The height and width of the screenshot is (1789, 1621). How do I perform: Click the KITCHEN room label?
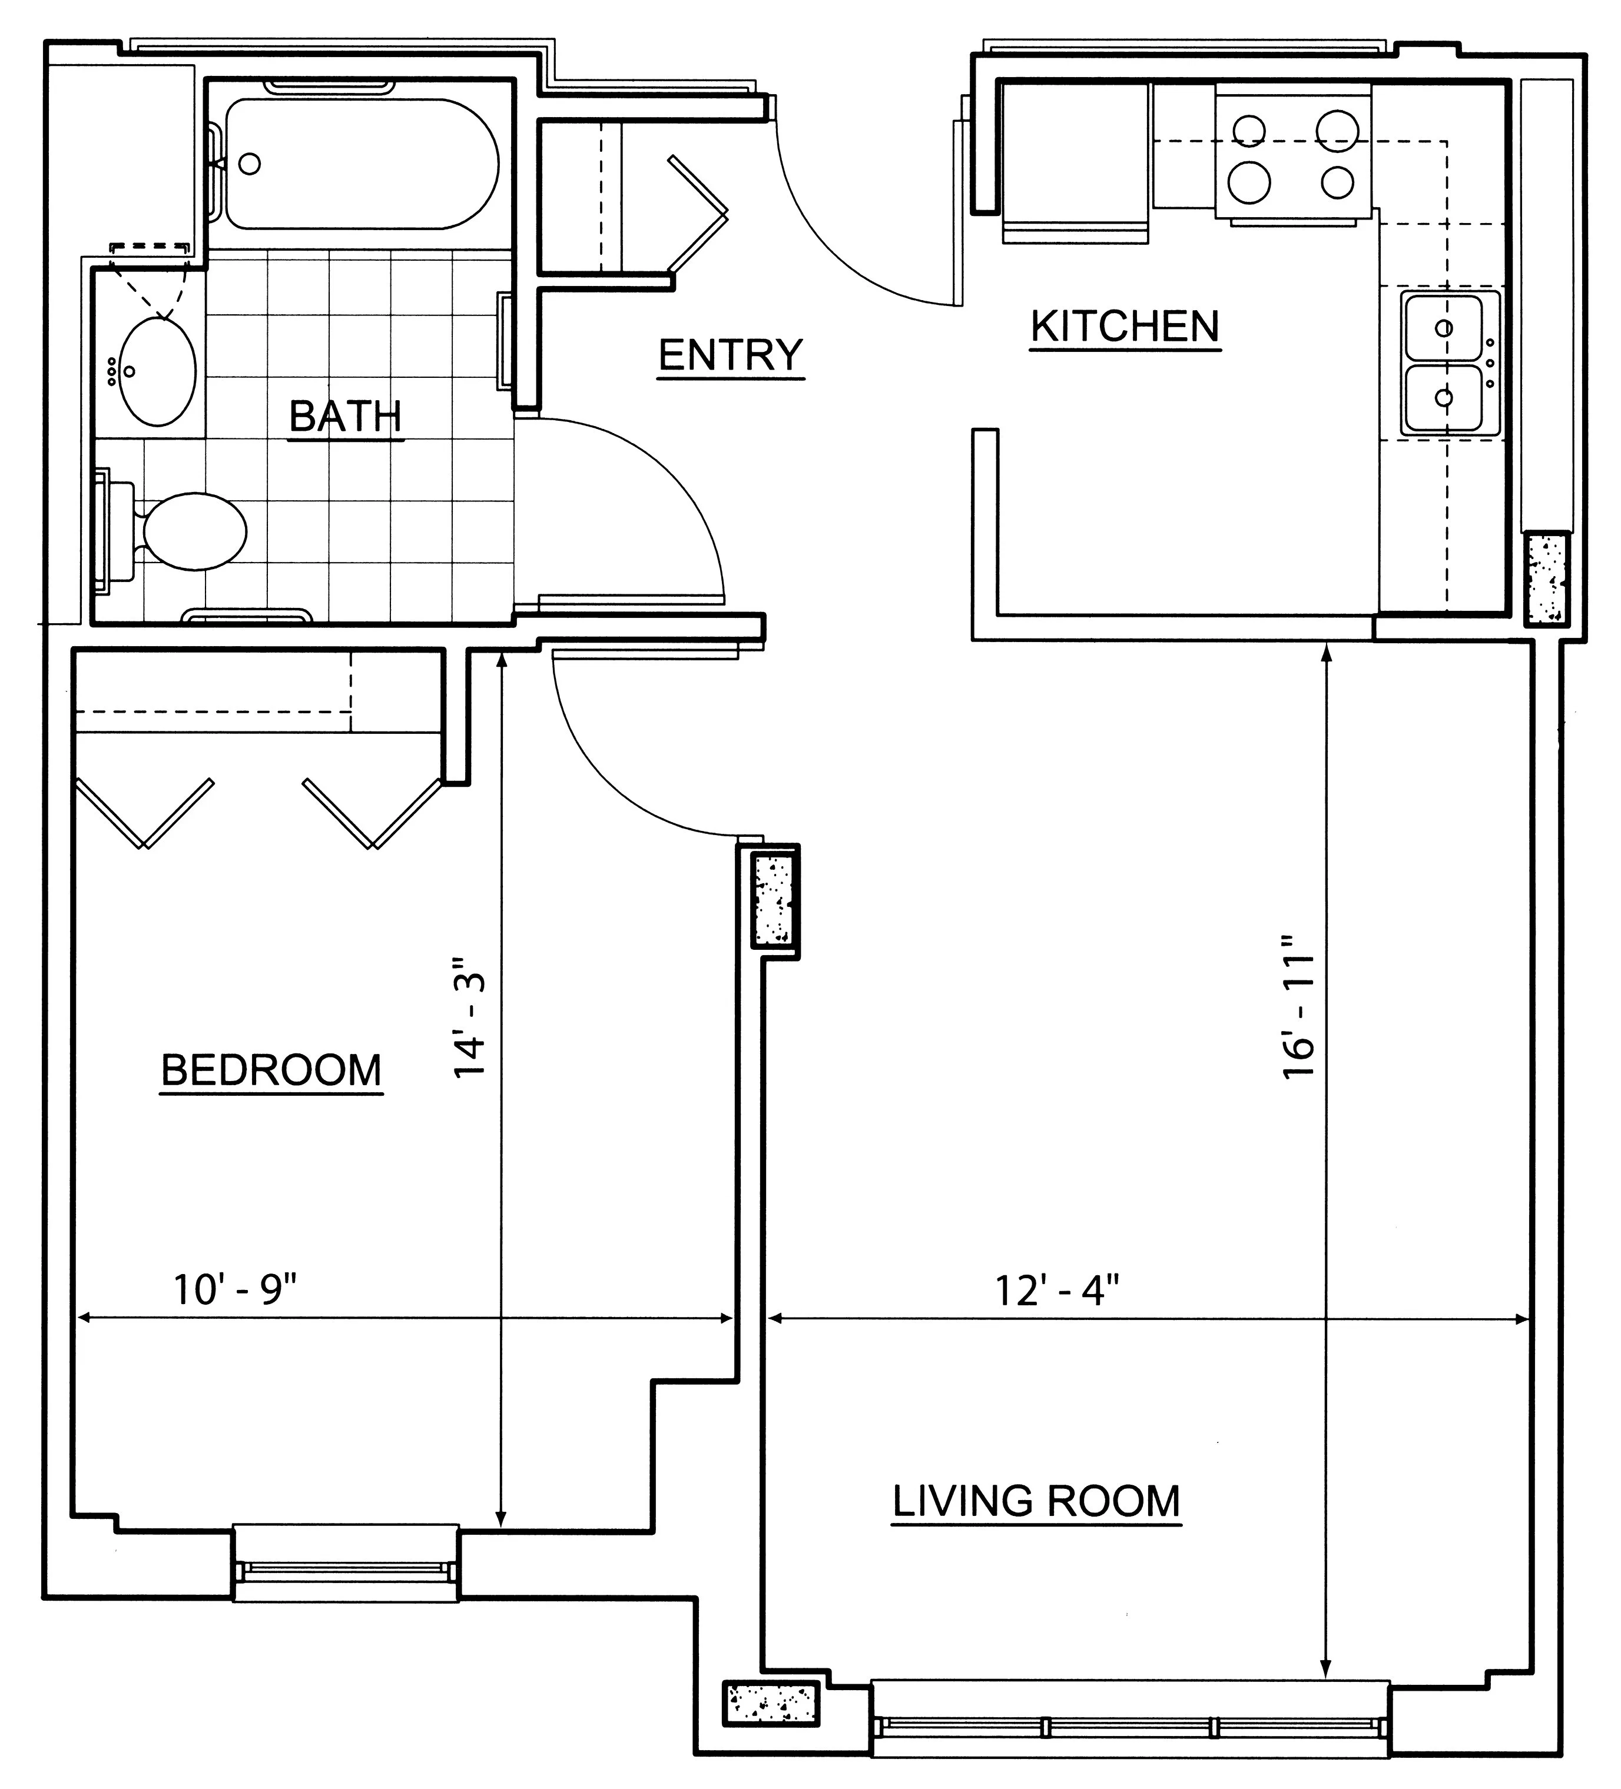[1125, 327]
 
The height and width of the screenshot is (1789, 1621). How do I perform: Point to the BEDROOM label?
[271, 1070]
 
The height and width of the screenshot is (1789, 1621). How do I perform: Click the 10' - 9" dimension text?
[234, 1289]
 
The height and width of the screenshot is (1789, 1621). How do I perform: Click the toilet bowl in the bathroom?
[194, 531]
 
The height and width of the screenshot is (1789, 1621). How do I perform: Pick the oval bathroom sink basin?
[157, 373]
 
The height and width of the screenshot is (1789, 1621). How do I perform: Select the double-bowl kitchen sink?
[1451, 363]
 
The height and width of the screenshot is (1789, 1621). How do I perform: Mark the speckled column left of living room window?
[771, 1702]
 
